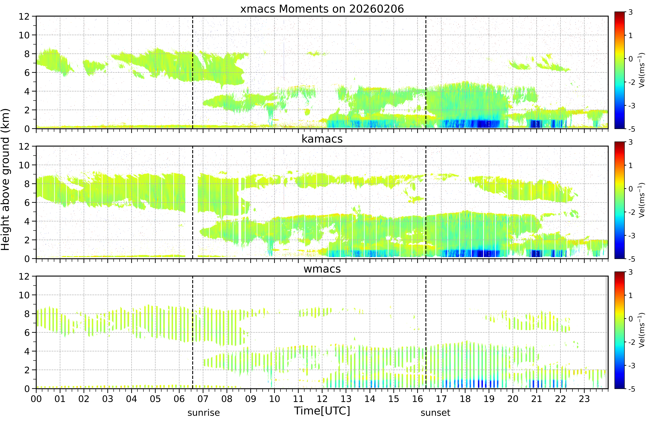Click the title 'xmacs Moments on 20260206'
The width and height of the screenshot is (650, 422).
(x=322, y=9)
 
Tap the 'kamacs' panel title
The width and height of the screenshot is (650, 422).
(x=322, y=139)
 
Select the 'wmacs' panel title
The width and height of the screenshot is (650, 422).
(x=322, y=269)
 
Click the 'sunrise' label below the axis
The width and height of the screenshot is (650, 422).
(x=203, y=413)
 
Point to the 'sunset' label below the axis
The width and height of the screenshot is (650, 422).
(x=435, y=413)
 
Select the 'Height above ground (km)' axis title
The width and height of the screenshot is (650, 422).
(x=5, y=179)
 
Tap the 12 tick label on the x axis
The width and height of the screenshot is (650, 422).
(x=322, y=399)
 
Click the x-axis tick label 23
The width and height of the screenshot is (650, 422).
(x=584, y=399)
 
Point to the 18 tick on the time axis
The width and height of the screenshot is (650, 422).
(x=465, y=399)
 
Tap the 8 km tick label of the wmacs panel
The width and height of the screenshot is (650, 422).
(x=27, y=314)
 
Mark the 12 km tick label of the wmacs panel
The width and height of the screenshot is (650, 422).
(x=24, y=276)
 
